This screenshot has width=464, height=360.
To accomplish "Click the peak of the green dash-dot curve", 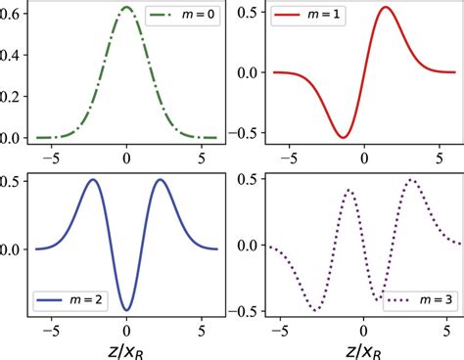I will (126, 7).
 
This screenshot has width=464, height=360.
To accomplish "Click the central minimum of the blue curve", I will (126, 310).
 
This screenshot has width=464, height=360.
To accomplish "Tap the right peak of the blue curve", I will (159, 180).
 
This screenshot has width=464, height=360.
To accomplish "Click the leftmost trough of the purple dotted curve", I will (315, 310).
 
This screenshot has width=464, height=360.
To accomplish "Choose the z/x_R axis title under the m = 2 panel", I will (126, 347).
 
